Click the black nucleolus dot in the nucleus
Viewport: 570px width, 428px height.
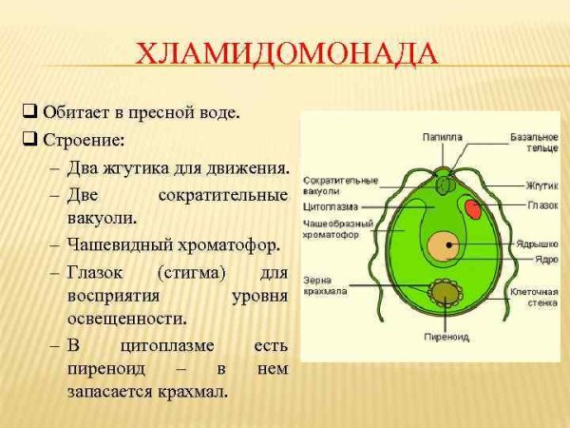(x=448, y=245)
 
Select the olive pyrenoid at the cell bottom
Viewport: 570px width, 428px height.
(x=442, y=293)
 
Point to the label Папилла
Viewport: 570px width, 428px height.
(x=442, y=137)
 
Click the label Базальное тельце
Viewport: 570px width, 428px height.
(x=534, y=143)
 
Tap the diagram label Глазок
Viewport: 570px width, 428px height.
(x=541, y=204)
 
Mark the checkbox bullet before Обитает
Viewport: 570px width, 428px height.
(x=29, y=112)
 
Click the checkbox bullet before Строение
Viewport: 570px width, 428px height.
(x=29, y=140)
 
